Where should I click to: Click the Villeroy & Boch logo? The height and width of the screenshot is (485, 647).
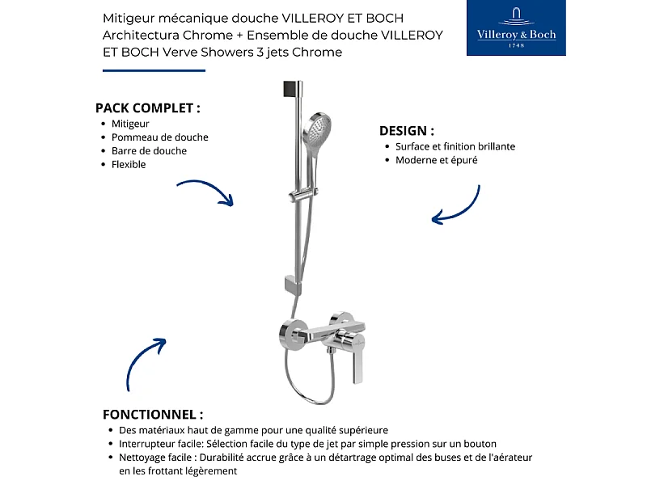(516, 28)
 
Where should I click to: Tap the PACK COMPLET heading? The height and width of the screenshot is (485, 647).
(147, 108)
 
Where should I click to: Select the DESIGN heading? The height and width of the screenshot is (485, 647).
(407, 130)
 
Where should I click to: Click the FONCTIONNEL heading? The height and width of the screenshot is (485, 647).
(153, 414)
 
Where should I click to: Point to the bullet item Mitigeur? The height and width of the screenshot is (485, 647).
(130, 124)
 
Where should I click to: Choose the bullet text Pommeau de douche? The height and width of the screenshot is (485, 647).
(159, 137)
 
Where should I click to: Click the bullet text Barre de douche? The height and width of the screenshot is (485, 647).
(149, 151)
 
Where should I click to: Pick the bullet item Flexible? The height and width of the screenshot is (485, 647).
(129, 165)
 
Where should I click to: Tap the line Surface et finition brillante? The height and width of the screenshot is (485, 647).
(455, 146)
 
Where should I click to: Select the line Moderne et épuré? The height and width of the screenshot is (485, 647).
(436, 160)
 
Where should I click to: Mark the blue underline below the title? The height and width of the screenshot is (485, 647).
(154, 70)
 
